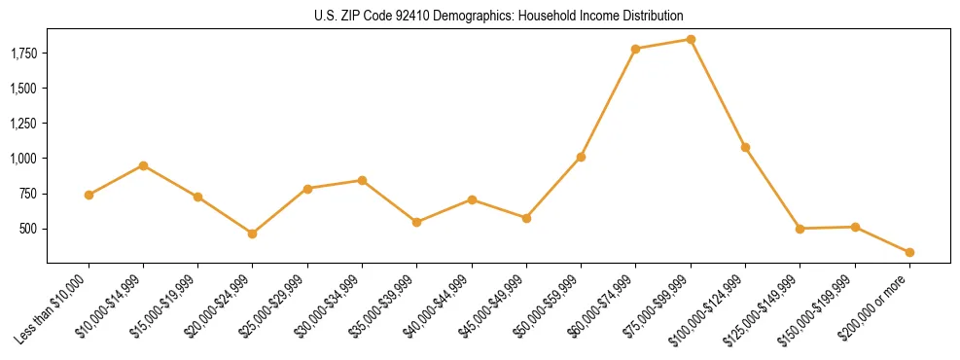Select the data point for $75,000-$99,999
691,39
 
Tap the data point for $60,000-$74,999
635,49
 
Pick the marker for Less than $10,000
89,195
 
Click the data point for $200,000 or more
909,252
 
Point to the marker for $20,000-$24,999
253,234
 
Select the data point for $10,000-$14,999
143,165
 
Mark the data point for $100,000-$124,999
745,147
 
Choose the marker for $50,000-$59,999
581,157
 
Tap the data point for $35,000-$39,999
416,222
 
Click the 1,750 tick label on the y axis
23,53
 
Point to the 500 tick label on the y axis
30,229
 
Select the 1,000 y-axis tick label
23,159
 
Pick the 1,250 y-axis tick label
23,124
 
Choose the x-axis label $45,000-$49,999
492,310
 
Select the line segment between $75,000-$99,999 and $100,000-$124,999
718,93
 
